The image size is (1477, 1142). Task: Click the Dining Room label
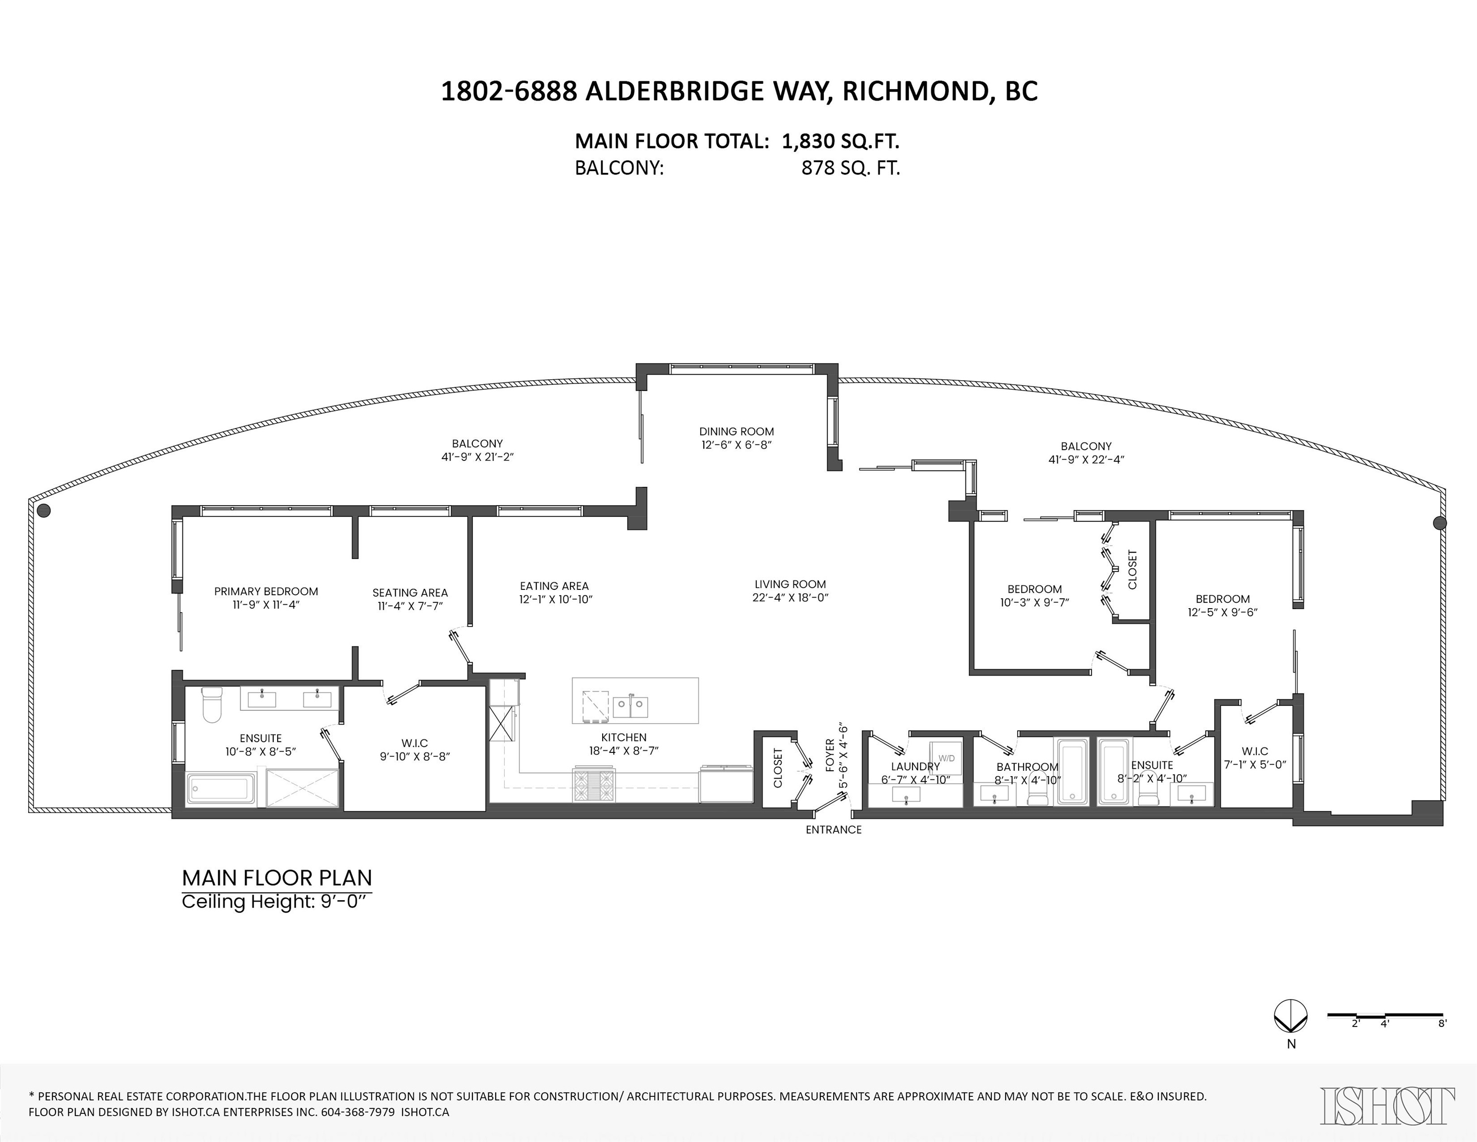tap(737, 431)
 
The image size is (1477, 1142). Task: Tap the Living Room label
tap(790, 584)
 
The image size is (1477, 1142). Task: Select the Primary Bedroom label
tap(266, 592)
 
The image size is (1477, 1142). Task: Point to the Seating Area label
tap(410, 593)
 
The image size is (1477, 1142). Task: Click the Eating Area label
tap(554, 586)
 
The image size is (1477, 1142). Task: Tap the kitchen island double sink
tap(630, 707)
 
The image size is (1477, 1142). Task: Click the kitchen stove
tap(594, 784)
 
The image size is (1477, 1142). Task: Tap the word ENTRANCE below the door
tap(833, 830)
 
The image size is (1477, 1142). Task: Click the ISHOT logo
tap(1388, 1106)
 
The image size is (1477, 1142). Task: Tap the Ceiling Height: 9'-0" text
tap(277, 902)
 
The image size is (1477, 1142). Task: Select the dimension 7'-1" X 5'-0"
tap(1254, 765)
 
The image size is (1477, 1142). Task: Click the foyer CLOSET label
tap(777, 767)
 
